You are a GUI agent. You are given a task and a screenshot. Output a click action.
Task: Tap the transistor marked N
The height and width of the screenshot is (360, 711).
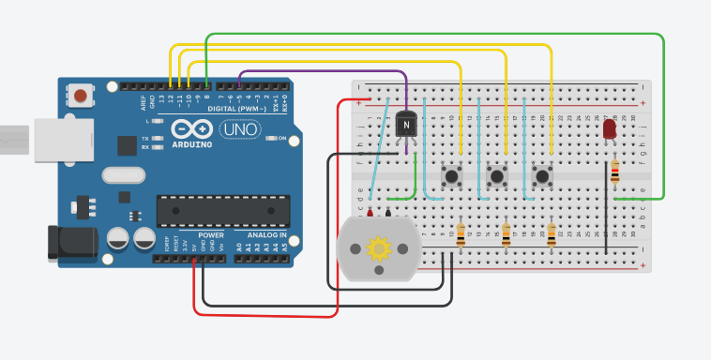click(406, 124)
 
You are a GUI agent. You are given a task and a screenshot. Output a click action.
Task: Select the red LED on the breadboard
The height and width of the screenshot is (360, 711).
click(611, 129)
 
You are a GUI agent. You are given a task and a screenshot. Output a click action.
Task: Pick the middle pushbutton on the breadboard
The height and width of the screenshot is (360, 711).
click(497, 175)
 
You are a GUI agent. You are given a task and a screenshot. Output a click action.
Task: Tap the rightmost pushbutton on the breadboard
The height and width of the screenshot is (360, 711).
click(542, 175)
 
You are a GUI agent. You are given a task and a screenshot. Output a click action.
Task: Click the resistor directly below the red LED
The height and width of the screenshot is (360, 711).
click(614, 172)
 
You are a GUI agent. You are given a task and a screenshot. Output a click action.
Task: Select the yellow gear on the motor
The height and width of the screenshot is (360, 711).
click(379, 248)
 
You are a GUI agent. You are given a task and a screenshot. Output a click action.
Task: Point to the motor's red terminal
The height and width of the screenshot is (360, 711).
click(371, 213)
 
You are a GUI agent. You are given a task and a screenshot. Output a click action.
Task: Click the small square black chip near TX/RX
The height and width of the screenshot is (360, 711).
click(127, 144)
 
